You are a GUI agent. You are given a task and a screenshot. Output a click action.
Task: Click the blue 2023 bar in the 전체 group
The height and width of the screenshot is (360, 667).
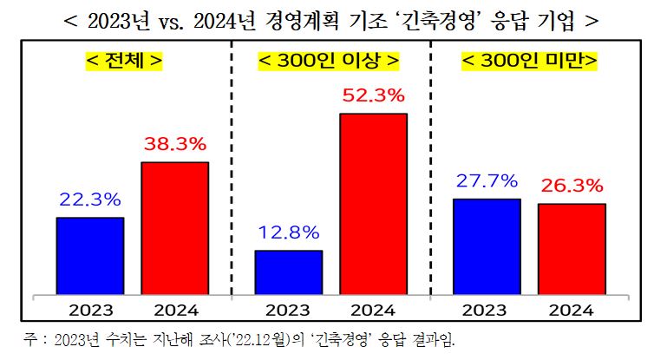pyautogui.click(x=90, y=256)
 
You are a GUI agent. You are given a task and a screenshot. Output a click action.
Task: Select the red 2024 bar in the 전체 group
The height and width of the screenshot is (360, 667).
pyautogui.click(x=174, y=228)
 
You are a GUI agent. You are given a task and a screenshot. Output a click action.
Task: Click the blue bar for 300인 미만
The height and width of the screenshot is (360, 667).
pyautogui.click(x=487, y=246)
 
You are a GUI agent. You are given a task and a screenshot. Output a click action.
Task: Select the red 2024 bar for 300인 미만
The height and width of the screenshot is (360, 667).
pyautogui.click(x=571, y=249)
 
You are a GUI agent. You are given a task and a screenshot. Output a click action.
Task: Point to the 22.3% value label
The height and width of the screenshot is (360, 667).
pyautogui.click(x=90, y=200)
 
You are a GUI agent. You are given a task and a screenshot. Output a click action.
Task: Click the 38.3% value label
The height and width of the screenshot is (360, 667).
pyautogui.click(x=174, y=144)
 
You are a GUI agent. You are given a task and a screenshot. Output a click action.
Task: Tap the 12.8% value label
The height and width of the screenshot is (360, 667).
pyautogui.click(x=288, y=232)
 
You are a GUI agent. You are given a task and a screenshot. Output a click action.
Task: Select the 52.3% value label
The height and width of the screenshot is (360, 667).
pyautogui.click(x=372, y=95)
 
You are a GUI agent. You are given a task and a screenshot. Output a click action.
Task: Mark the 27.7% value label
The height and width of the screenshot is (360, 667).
pyautogui.click(x=487, y=180)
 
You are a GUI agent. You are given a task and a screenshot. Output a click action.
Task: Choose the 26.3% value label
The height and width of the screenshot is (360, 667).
pyautogui.click(x=571, y=186)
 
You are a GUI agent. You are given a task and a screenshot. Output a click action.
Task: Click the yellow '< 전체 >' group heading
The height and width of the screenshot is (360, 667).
pyautogui.click(x=124, y=62)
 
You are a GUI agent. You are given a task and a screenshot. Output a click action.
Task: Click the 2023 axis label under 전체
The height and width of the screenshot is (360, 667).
pyautogui.click(x=90, y=310)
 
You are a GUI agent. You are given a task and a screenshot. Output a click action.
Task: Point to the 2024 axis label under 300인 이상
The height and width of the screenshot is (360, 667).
pyautogui.click(x=372, y=310)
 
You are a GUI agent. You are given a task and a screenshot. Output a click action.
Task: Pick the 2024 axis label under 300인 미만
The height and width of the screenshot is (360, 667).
pyautogui.click(x=571, y=310)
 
